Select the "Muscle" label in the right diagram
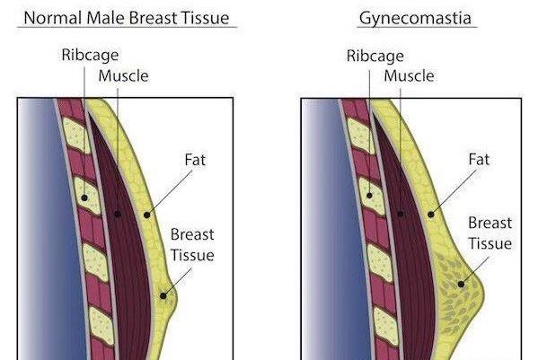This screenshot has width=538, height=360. tap(409, 76)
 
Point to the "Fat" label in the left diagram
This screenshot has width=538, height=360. tap(196, 160)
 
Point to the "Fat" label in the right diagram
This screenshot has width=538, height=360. tap(480, 160)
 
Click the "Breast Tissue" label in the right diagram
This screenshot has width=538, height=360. tap(489, 233)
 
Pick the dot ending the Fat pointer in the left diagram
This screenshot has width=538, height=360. tap(147, 215)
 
